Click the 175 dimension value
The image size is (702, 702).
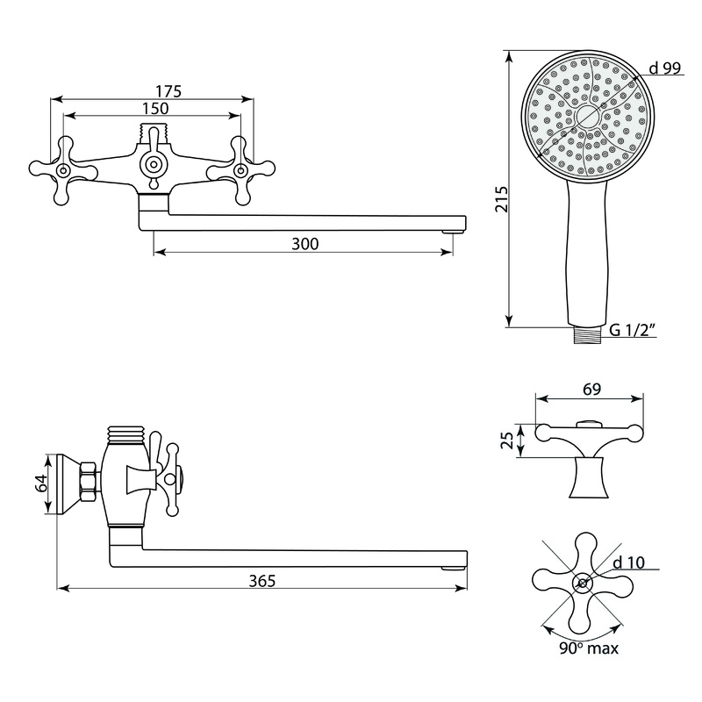(168, 91)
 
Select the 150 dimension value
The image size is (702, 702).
(155, 108)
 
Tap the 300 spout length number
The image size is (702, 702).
(304, 244)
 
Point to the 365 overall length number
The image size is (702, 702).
(262, 581)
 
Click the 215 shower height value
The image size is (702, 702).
(502, 199)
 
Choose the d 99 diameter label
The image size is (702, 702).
(664, 68)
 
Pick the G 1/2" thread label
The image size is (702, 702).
(633, 330)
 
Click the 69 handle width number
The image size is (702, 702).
(591, 389)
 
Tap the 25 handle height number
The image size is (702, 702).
(507, 441)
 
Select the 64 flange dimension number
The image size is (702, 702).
(41, 484)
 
